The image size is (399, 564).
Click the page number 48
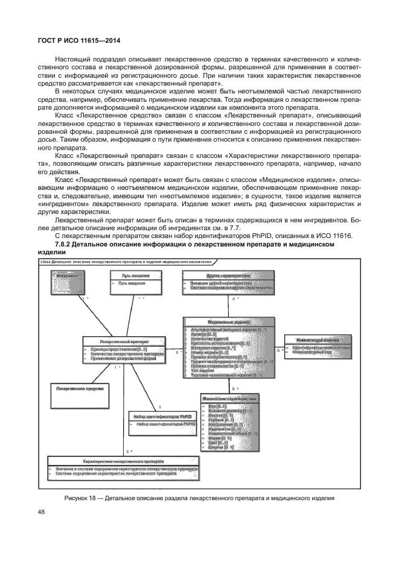coord(43,514)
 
